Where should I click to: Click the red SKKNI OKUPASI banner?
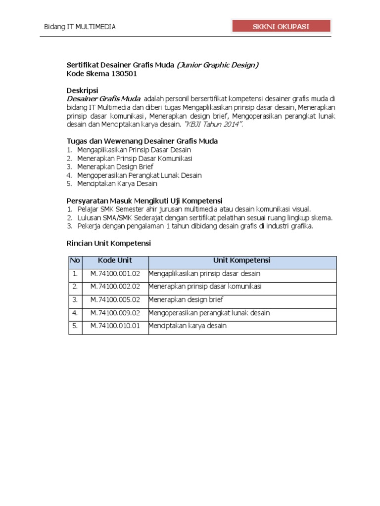(x=281, y=27)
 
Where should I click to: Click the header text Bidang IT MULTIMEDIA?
(x=80, y=27)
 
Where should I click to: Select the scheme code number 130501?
(x=118, y=74)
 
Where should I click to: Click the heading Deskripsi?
(x=82, y=90)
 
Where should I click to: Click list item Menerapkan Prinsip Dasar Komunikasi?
(x=135, y=158)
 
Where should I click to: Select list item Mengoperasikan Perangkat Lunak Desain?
(x=139, y=175)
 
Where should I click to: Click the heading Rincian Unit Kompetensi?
(x=108, y=243)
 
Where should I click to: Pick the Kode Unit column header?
(x=115, y=260)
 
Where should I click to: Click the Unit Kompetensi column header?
(x=241, y=260)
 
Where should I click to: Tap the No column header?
(x=75, y=260)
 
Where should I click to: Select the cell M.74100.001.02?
(x=115, y=273)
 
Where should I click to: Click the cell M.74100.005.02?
(x=115, y=299)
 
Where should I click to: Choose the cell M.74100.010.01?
(x=115, y=326)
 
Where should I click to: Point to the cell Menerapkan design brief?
(x=186, y=299)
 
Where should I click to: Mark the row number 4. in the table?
(x=75, y=313)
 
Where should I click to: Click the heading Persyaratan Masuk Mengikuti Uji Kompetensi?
(x=144, y=201)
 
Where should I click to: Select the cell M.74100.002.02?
(x=115, y=286)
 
